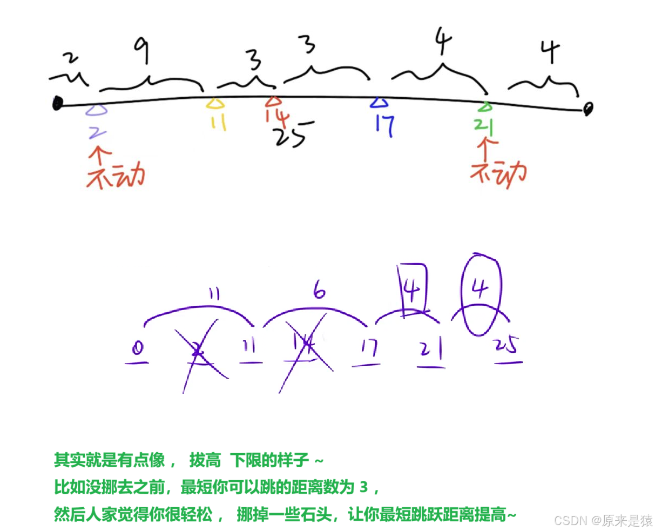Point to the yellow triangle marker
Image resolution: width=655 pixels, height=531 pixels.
click(215, 103)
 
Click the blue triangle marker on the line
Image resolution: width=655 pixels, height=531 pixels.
click(380, 103)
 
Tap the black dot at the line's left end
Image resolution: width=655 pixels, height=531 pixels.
click(56, 102)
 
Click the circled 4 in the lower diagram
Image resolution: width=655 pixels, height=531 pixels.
click(481, 292)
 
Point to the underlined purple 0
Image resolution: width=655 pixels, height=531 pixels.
click(138, 350)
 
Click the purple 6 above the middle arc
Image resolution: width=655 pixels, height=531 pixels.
click(320, 293)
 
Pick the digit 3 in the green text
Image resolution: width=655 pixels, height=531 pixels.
click(363, 488)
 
